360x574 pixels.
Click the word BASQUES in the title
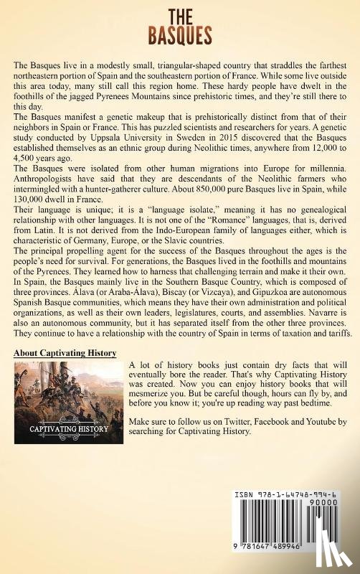coord(180,34)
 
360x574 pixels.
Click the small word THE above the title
coord(180,14)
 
